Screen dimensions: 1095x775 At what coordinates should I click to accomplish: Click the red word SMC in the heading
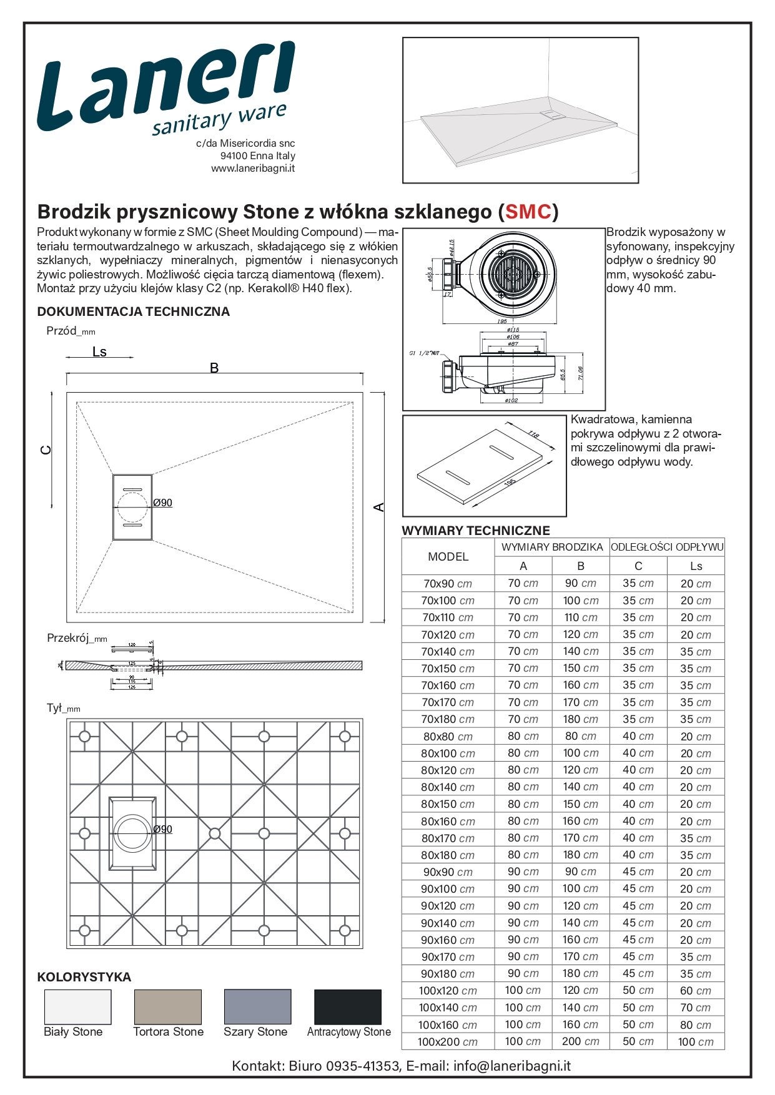pos(528,212)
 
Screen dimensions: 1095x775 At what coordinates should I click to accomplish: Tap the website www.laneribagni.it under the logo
pos(253,169)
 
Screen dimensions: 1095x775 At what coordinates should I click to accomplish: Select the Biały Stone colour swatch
pos(77,1006)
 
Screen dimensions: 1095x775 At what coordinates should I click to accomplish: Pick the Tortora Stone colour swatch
pos(168,1006)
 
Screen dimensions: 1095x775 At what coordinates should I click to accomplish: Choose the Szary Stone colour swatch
pos(257,1006)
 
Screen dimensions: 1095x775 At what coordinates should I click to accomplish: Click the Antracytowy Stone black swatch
pos(347,1006)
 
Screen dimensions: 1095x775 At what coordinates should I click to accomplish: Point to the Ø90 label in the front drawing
pos(163,503)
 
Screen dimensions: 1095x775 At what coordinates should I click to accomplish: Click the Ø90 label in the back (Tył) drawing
pos(163,829)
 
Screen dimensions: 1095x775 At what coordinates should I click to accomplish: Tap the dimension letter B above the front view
pos(214,368)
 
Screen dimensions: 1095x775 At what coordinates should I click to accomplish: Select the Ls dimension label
pos(99,352)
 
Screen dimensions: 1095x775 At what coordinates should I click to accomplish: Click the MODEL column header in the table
pos(448,557)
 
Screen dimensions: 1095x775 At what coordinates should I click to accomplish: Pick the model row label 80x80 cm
pos(448,737)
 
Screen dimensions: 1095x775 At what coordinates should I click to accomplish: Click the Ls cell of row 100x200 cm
pos(696,1042)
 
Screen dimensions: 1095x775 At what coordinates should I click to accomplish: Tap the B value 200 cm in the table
pos(580,1041)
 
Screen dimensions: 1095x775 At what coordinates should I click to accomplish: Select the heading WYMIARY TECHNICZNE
pos(476,531)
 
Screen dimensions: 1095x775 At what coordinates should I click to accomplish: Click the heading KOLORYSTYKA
pos(84,977)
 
